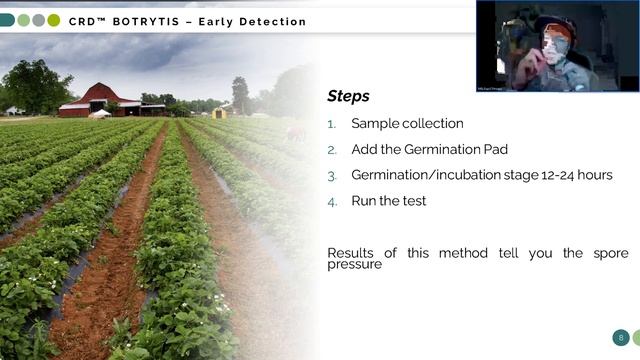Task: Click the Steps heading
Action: pyautogui.click(x=348, y=97)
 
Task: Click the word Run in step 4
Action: pyautogui.click(x=365, y=201)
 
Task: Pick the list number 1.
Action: pyautogui.click(x=332, y=124)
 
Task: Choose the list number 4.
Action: pyautogui.click(x=332, y=202)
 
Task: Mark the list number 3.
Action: pyautogui.click(x=332, y=176)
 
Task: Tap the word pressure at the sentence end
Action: pyautogui.click(x=355, y=265)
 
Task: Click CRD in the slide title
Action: pyautogui.click(x=87, y=21)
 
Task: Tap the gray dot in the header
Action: pyautogui.click(x=38, y=20)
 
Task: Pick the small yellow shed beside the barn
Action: pyautogui.click(x=219, y=112)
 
